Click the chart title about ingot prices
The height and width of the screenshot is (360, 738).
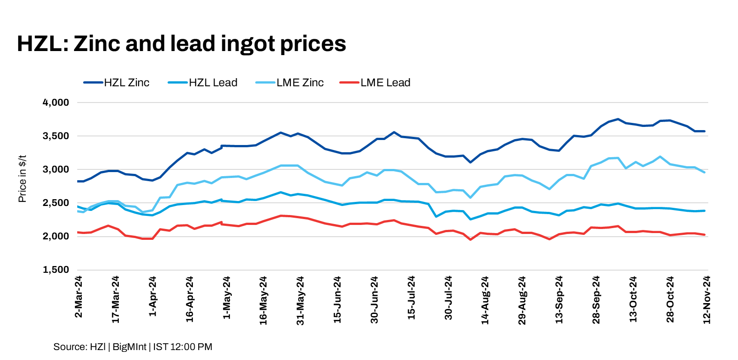(x=182, y=44)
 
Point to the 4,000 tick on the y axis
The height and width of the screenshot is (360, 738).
(x=56, y=103)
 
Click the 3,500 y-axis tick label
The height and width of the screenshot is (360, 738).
(x=56, y=136)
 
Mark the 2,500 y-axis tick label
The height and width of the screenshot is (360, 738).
(x=56, y=203)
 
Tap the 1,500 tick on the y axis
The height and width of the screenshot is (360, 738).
(x=56, y=270)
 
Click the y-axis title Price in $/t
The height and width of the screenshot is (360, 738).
(x=22, y=179)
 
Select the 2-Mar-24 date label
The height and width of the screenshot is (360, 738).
(x=79, y=297)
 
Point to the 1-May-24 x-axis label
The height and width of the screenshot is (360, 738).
(x=226, y=298)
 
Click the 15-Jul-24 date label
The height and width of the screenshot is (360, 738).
(x=411, y=298)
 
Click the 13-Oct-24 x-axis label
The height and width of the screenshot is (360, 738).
(x=633, y=299)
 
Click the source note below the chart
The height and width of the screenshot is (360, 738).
(x=133, y=347)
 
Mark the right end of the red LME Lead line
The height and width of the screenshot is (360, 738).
(x=705, y=234)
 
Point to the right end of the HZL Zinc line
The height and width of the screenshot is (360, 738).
(x=705, y=131)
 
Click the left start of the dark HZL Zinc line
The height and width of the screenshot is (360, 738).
(x=78, y=181)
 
